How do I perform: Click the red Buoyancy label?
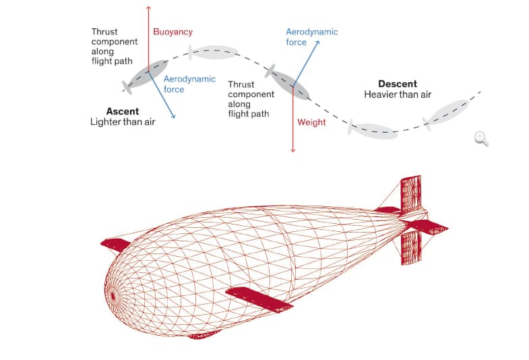point(173,32)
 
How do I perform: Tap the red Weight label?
point(311,122)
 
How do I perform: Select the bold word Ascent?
point(123,111)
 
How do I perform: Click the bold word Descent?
point(398,84)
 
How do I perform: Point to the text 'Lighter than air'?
point(123,122)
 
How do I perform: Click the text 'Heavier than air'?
point(398,94)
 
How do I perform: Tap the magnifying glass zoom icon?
point(480,138)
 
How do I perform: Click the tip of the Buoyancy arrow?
point(148,7)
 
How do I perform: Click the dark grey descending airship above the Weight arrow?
point(290,82)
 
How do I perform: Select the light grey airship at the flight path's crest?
point(214,51)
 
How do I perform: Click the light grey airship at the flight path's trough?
point(373,130)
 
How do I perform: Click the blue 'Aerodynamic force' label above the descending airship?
point(311,37)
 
